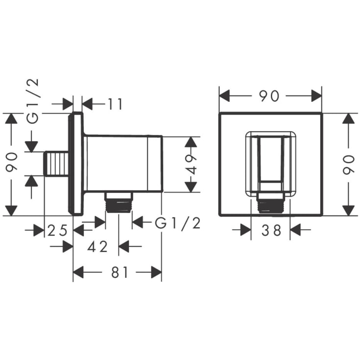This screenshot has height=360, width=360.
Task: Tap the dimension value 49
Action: pos(191,165)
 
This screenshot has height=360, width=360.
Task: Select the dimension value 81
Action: pos(119,272)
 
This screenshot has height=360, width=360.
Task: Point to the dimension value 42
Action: pos(97,246)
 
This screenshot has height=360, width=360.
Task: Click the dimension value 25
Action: pos(57,230)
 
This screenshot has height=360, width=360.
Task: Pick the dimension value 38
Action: pos(271,230)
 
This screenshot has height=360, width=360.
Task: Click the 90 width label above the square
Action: pos(269,96)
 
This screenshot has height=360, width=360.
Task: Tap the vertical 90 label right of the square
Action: pos(349,165)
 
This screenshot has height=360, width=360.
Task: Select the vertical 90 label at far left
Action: pos(11,162)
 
